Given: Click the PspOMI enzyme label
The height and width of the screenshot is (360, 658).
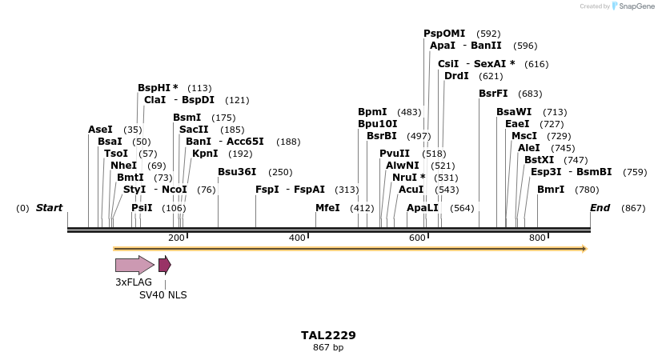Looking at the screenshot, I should click(444, 34).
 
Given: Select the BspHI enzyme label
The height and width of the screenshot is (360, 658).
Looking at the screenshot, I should click(158, 88).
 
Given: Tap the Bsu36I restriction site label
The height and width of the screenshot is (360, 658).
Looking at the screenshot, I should click(237, 172).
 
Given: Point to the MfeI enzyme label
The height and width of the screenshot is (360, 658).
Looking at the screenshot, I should click(327, 208).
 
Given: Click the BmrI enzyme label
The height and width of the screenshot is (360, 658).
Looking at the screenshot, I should click(551, 190).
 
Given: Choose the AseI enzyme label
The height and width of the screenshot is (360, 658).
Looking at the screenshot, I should click(101, 130).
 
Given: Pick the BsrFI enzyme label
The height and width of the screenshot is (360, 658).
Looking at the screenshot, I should click(493, 94).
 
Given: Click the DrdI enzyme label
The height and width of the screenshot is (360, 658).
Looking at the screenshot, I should click(456, 76).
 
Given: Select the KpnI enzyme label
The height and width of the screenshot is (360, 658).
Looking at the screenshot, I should click(205, 154).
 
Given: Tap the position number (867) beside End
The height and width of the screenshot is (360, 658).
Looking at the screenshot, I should click(633, 208).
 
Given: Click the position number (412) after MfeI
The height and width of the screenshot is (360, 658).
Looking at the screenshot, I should click(362, 208).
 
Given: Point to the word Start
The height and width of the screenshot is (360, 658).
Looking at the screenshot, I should click(49, 208).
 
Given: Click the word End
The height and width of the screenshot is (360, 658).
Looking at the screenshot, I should click(600, 208).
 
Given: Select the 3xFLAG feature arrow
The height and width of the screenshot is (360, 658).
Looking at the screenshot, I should click(134, 265).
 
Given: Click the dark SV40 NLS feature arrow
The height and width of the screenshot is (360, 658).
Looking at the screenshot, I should click(164, 265).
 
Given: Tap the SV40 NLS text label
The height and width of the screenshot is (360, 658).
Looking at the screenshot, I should click(163, 294).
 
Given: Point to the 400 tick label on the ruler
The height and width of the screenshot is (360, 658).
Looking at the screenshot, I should click(297, 238).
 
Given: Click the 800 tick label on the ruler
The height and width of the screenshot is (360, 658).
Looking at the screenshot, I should click(537, 238).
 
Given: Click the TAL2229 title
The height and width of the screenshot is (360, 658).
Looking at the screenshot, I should click(328, 335).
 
